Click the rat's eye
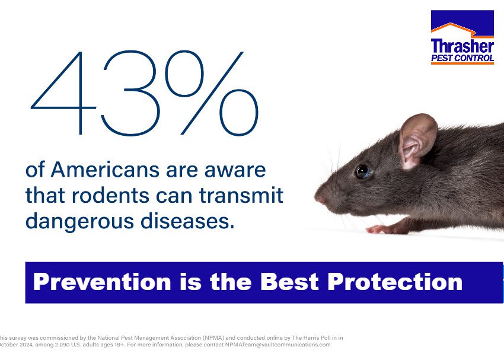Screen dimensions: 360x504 click(x=362, y=171)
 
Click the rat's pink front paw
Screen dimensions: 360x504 click(x=379, y=229)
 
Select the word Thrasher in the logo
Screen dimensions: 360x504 click(x=462, y=46)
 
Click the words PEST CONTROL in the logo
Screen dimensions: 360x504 click(x=462, y=58)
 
